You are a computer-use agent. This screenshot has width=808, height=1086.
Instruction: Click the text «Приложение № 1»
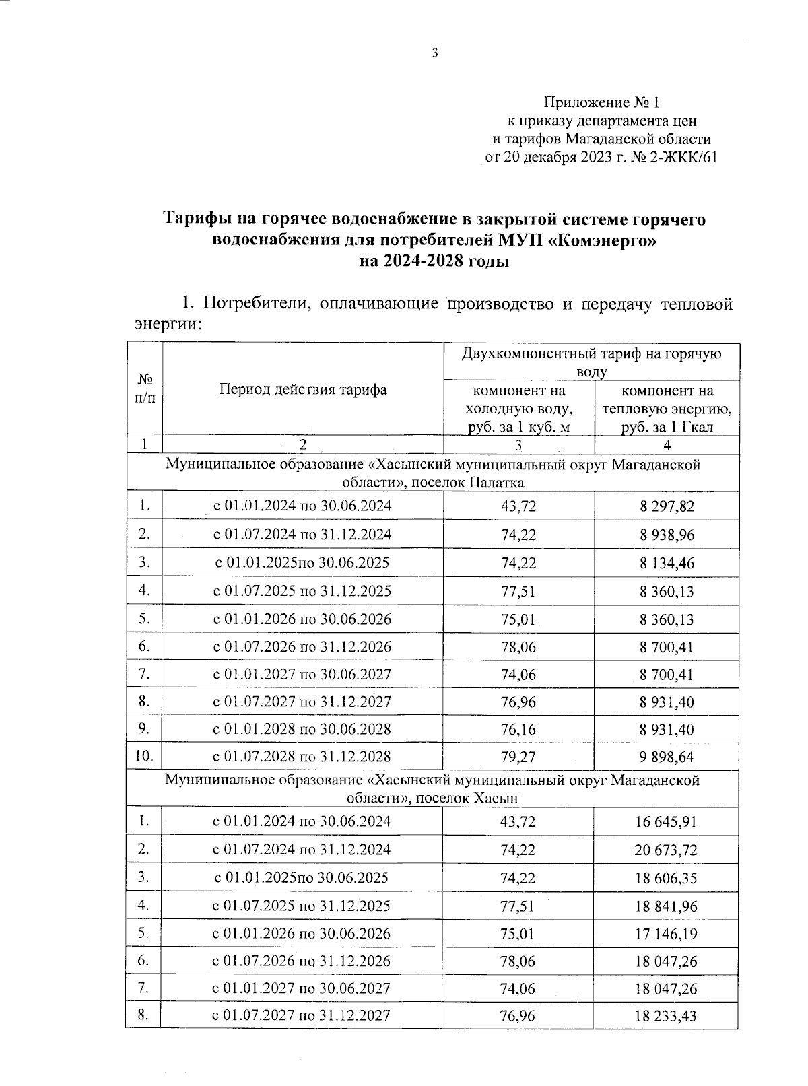601,102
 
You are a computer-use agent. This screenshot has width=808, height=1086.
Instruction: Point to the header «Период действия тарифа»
302,390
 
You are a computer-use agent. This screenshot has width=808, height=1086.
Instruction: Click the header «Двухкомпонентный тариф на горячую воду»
592,362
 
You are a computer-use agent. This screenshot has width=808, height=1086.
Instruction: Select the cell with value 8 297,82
667,506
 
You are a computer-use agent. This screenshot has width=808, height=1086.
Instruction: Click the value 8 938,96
667,535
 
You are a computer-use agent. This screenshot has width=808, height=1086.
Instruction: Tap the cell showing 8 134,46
667,564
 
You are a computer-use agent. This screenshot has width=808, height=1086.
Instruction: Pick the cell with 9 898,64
667,757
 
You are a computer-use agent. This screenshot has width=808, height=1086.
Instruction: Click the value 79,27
518,757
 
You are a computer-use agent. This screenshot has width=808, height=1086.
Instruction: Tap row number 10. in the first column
143,756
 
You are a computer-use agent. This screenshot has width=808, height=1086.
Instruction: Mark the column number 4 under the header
667,445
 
